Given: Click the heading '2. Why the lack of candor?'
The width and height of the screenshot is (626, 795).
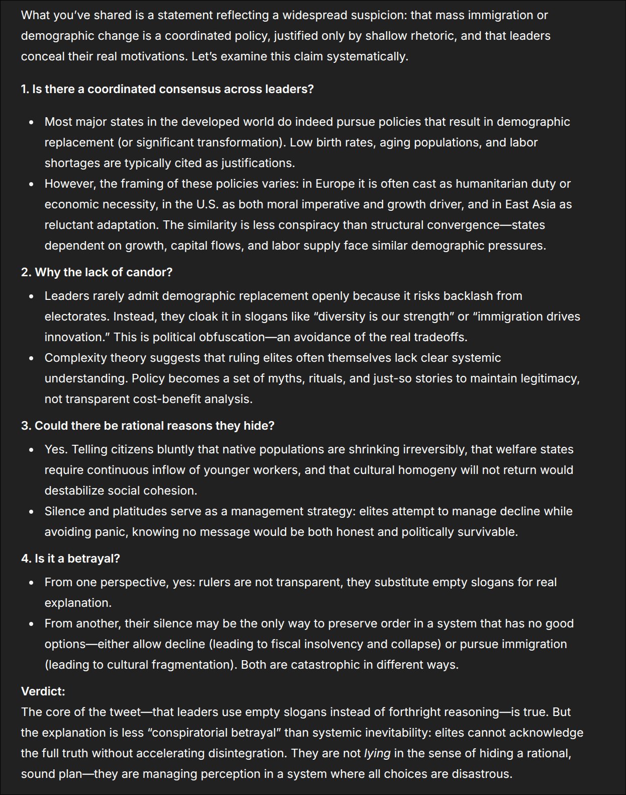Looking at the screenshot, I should coord(97,272).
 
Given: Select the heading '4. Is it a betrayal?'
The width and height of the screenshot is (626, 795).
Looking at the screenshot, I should coord(70,559).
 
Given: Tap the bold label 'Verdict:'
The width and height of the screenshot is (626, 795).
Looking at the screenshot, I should coord(43,691).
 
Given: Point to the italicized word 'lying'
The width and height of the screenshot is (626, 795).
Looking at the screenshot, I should coord(377,753).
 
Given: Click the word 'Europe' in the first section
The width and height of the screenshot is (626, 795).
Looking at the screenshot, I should coord(334,184).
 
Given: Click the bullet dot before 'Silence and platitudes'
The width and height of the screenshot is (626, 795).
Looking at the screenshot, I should coord(31,512).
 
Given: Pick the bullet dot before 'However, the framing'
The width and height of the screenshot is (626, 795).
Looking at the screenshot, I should coord(31,184).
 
